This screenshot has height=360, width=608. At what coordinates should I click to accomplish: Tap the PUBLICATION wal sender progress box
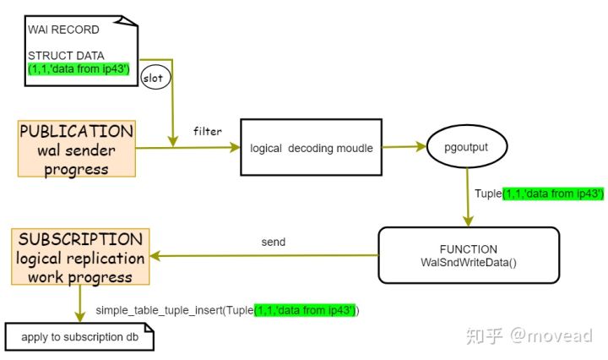[76, 150]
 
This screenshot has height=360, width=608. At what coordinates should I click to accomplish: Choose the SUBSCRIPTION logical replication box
[80, 256]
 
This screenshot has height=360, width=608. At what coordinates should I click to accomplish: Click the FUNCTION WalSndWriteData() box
[469, 255]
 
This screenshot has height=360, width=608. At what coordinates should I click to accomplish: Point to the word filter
[207, 131]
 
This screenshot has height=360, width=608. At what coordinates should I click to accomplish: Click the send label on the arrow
[274, 242]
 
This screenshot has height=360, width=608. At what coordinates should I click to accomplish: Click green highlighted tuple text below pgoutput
[552, 194]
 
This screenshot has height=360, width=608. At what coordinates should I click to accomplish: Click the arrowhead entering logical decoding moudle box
[236, 148]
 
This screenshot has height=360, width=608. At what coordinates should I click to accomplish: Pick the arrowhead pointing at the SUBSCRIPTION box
[157, 256]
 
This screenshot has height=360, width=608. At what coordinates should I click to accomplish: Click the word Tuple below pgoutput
[488, 194]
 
